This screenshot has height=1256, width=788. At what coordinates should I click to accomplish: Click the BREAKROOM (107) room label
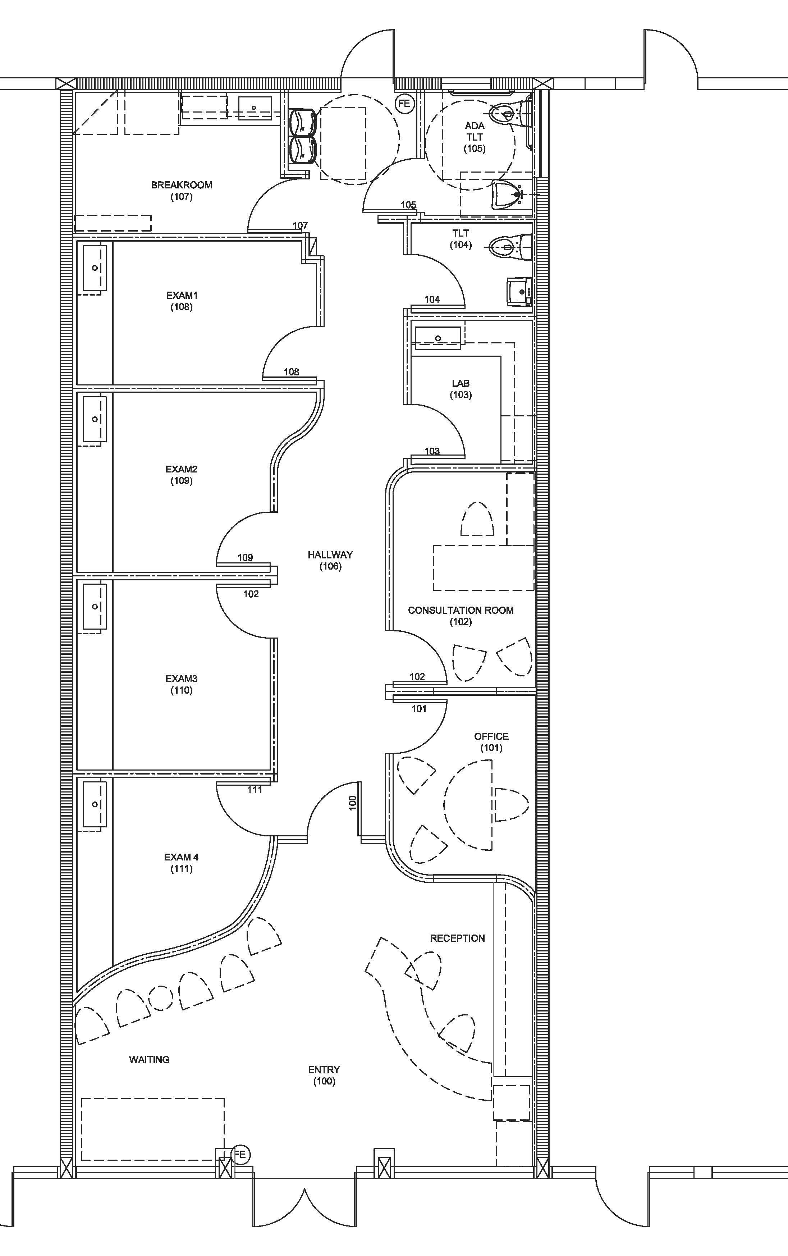tap(182, 191)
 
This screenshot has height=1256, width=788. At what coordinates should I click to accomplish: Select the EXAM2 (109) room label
tap(182, 475)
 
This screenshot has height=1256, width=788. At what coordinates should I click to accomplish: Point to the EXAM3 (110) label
tap(182, 684)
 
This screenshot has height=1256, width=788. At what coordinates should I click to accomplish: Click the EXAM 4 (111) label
tap(182, 863)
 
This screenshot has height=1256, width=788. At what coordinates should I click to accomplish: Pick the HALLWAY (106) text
tap(330, 560)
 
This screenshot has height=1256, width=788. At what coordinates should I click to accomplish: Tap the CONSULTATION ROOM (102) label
tap(461, 616)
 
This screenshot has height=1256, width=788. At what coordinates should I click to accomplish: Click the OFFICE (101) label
tap(491, 741)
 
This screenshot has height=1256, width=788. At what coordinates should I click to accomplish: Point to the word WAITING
tap(150, 1060)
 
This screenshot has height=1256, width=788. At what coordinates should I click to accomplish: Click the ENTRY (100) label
tap(324, 1075)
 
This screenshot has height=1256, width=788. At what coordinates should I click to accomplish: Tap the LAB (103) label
tap(461, 389)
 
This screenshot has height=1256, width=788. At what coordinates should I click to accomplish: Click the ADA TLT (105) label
tap(475, 137)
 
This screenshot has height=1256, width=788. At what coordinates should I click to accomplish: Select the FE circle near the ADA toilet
tap(404, 103)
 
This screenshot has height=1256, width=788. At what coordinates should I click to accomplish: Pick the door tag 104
tap(432, 299)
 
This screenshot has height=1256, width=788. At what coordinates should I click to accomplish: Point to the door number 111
tap(254, 790)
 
